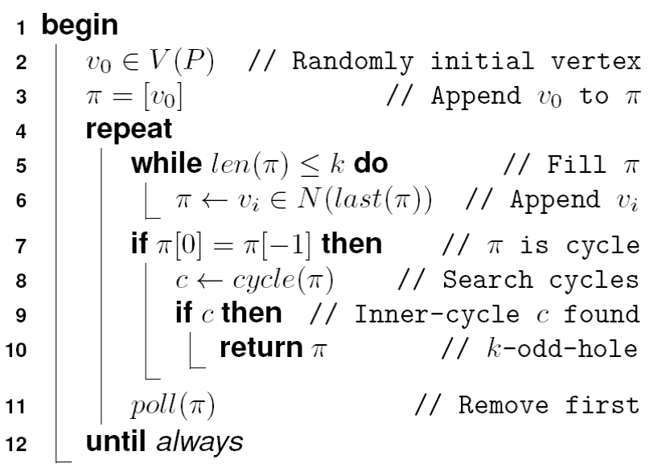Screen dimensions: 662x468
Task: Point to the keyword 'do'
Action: pos(372,165)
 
